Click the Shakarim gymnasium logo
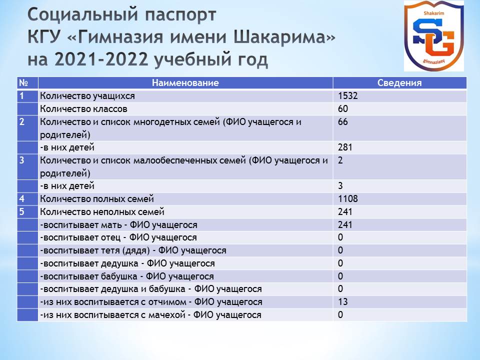pyautogui.click(x=434, y=36)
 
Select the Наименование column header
pyautogui.click(x=185, y=82)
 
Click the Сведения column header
pyautogui.click(x=399, y=82)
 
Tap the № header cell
pyautogui.click(x=23, y=82)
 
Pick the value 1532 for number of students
pyautogui.click(x=348, y=96)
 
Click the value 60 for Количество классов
pyautogui.click(x=343, y=108)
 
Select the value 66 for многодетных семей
pyautogui.click(x=343, y=122)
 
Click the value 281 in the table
pyautogui.click(x=345, y=147)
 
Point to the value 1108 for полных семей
pyautogui.click(x=348, y=198)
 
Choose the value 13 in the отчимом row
pyautogui.click(x=343, y=302)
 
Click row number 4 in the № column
pyautogui.click(x=21, y=198)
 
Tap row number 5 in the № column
pyautogui.click(x=21, y=211)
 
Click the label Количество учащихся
pyautogui.click(x=87, y=96)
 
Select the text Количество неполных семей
pyautogui.click(x=102, y=211)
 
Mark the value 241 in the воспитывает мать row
pyautogui.click(x=345, y=224)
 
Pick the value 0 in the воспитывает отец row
pyautogui.click(x=340, y=237)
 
